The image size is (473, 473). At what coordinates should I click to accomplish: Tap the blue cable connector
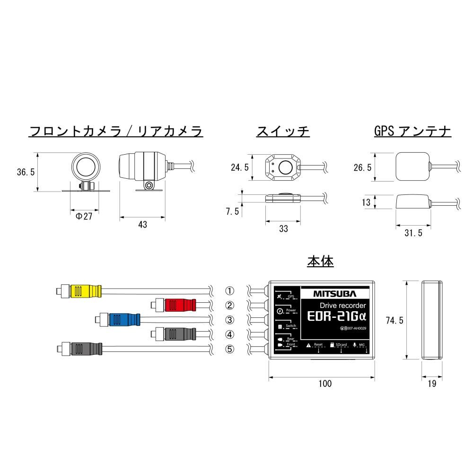click(124, 320)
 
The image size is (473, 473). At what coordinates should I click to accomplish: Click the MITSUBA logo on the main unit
click(334, 293)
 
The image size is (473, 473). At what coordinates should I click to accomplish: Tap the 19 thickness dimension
click(432, 384)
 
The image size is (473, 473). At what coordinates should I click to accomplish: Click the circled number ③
click(229, 320)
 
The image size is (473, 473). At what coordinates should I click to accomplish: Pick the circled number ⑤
click(229, 349)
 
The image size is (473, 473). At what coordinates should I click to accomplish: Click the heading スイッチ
click(283, 131)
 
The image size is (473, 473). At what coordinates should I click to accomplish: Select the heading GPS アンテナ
click(412, 131)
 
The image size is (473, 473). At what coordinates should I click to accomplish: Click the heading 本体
click(320, 261)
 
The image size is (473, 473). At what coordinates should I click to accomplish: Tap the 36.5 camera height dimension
click(26, 172)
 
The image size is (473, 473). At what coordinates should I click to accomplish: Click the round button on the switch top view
click(284, 167)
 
